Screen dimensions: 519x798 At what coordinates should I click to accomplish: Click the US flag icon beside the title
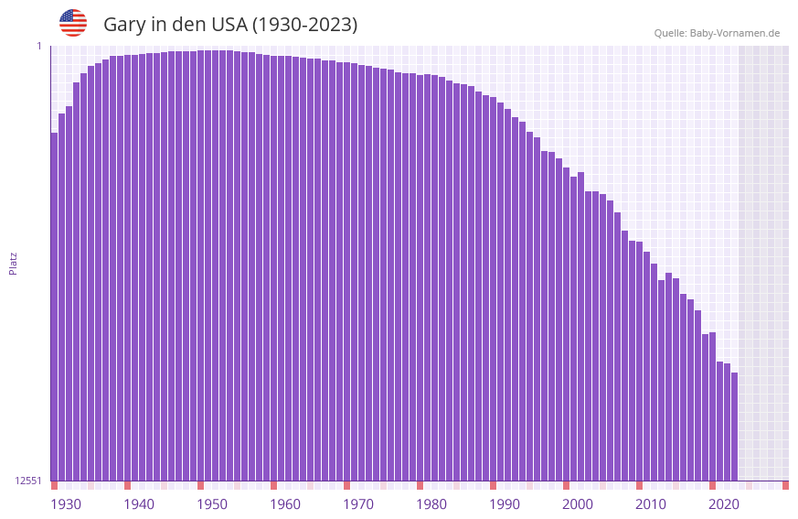(73, 23)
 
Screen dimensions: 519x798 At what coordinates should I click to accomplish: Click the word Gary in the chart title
(124, 25)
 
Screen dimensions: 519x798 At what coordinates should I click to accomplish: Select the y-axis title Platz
(13, 264)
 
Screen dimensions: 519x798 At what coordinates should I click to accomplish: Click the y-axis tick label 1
(38, 46)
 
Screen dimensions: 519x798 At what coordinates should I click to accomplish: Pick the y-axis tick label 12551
(28, 481)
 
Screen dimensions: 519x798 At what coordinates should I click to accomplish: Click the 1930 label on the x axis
(66, 504)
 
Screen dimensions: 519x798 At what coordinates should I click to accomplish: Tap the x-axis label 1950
(212, 504)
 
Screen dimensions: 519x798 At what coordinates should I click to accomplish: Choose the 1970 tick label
(358, 504)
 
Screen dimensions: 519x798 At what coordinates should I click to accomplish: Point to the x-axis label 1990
(505, 504)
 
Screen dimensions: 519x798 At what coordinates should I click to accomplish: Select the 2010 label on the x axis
(651, 504)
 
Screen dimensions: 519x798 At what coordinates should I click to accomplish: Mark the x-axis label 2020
(724, 504)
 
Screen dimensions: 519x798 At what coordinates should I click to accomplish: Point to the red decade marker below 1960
(273, 485)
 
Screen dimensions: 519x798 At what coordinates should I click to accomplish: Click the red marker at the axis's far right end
(785, 485)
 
